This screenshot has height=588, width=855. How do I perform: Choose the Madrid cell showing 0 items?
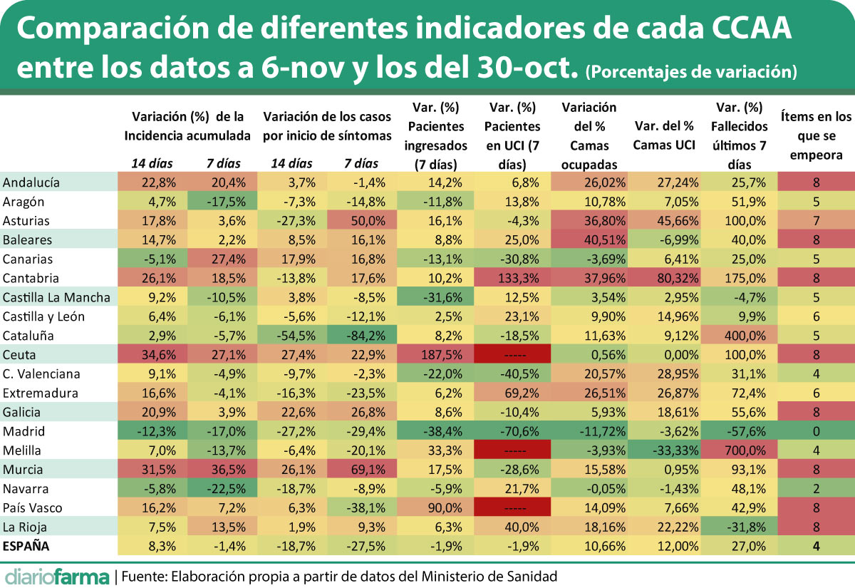tap(815, 431)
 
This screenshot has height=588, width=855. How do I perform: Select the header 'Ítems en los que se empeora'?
tap(815, 135)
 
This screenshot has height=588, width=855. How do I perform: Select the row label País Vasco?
tap(32, 508)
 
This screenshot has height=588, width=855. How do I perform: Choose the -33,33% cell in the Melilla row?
tap(665, 450)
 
